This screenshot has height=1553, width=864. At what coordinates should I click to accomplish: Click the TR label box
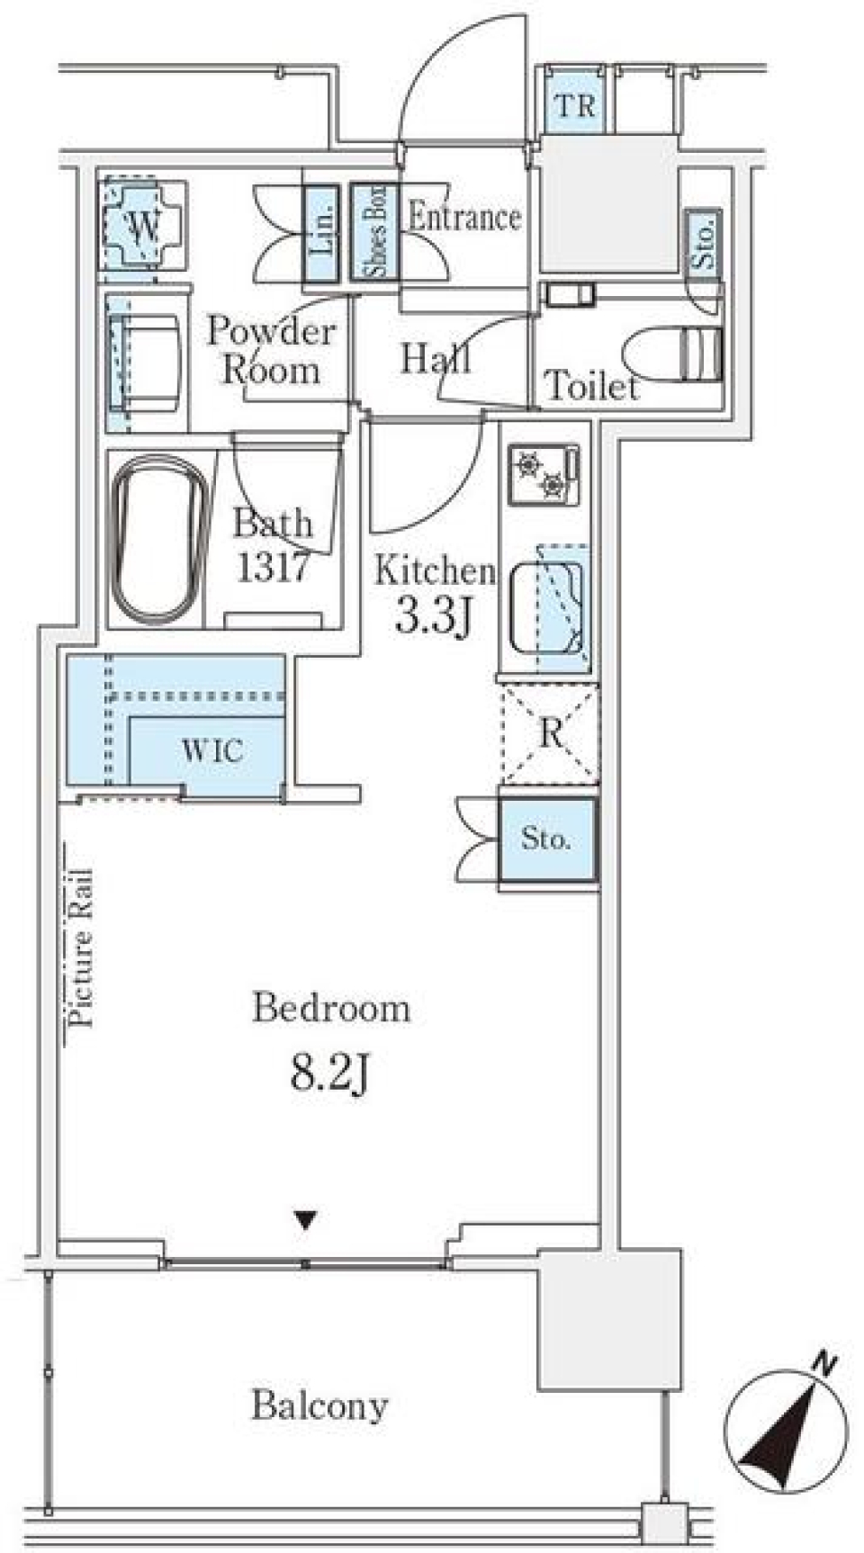(x=575, y=105)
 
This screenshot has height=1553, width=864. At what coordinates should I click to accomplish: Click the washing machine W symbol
(x=144, y=224)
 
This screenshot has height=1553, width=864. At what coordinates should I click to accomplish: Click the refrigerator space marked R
(x=550, y=732)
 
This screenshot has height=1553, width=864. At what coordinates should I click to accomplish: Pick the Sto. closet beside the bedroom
(x=546, y=839)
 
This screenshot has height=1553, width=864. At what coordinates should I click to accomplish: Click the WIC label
(x=211, y=750)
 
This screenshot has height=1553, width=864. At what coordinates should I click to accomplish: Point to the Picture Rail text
(x=81, y=947)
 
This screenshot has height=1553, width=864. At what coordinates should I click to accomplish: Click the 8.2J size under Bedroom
(x=330, y=1072)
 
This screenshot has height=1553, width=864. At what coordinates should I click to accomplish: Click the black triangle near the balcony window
(x=306, y=1221)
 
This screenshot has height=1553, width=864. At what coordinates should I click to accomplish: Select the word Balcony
(x=319, y=1405)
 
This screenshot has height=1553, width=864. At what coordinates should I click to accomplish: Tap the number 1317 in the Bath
(x=274, y=566)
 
